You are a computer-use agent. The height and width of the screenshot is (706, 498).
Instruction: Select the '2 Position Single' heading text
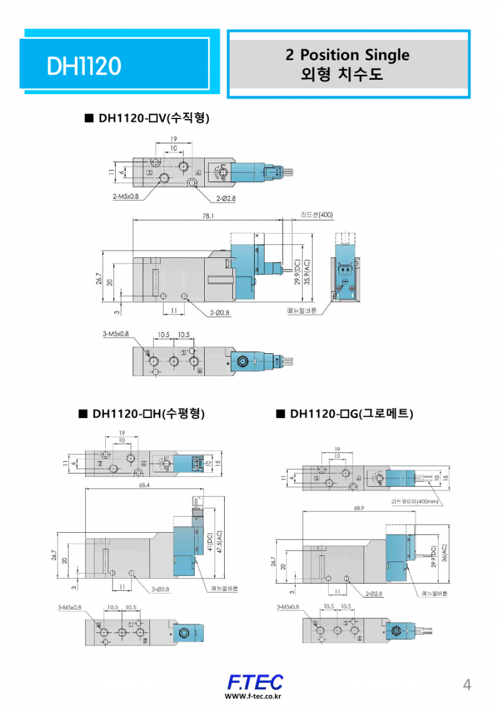pos(347,55)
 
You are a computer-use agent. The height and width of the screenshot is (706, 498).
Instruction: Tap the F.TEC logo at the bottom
pos(255,682)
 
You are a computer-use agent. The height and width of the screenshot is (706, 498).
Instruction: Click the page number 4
pos(467,685)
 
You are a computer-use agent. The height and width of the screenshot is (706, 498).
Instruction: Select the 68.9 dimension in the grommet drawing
pos(359,508)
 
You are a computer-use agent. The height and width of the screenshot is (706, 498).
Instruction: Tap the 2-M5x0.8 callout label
pos(126,196)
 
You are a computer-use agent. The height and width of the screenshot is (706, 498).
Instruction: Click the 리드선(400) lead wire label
pos(317,215)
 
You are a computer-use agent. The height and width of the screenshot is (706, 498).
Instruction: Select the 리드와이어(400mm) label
pos(415,501)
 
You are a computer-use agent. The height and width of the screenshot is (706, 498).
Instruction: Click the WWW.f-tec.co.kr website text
pos(253,697)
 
